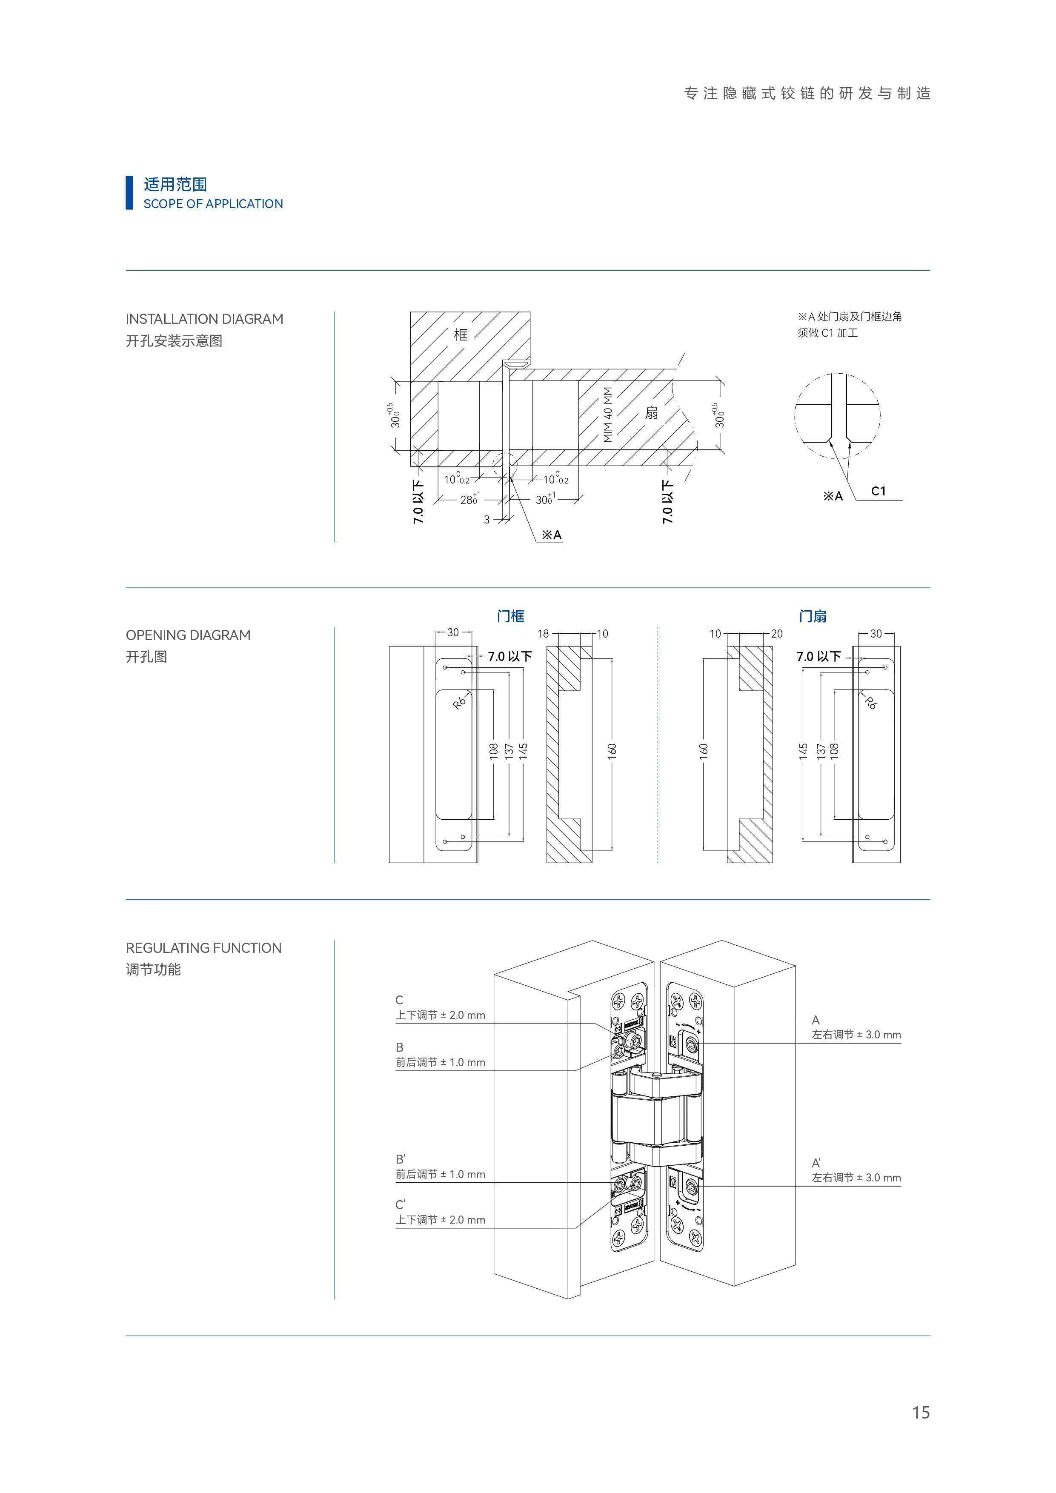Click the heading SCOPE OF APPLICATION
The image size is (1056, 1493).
pos(213,203)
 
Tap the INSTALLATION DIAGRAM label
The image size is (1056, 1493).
pos(204,319)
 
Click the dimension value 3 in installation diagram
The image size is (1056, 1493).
pos(487,520)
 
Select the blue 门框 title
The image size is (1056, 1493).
pos(510,616)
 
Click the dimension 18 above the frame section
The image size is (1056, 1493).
pos(543,633)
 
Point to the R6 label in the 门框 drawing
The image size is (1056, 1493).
pos(459,702)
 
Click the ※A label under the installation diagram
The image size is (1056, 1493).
pos(551,535)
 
